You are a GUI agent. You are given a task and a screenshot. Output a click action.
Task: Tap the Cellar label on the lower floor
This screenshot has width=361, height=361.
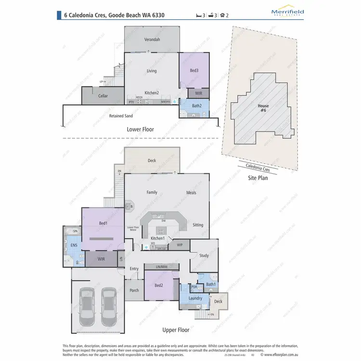(x=103, y=96)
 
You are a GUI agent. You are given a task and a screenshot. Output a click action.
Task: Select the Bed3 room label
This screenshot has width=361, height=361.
(x=194, y=71)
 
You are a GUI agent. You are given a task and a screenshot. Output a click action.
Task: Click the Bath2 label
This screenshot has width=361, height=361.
(x=196, y=105)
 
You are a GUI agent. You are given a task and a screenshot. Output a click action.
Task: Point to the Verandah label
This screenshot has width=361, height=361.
(x=152, y=39)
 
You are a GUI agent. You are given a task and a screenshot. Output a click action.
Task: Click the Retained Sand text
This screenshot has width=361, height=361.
(x=121, y=116)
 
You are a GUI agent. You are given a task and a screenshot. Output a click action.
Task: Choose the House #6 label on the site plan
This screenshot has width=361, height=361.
(x=263, y=108)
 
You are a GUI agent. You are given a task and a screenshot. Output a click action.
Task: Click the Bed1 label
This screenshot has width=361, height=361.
(x=103, y=223)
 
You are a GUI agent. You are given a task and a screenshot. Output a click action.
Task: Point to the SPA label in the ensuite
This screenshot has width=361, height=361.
(x=75, y=232)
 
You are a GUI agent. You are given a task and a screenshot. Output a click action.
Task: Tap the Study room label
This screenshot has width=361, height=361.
(x=204, y=256)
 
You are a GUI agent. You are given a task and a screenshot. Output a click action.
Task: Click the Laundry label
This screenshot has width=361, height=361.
(x=195, y=298)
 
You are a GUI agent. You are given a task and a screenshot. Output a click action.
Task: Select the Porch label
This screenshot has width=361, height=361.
(x=134, y=290)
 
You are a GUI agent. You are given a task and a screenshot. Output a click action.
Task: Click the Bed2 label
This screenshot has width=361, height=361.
(x=159, y=285)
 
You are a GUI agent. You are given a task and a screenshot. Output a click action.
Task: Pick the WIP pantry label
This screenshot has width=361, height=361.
(x=180, y=245)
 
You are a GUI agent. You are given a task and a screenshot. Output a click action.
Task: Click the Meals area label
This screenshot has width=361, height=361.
(x=191, y=193)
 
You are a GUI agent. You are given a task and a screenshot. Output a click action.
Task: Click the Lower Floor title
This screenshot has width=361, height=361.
(x=140, y=129)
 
